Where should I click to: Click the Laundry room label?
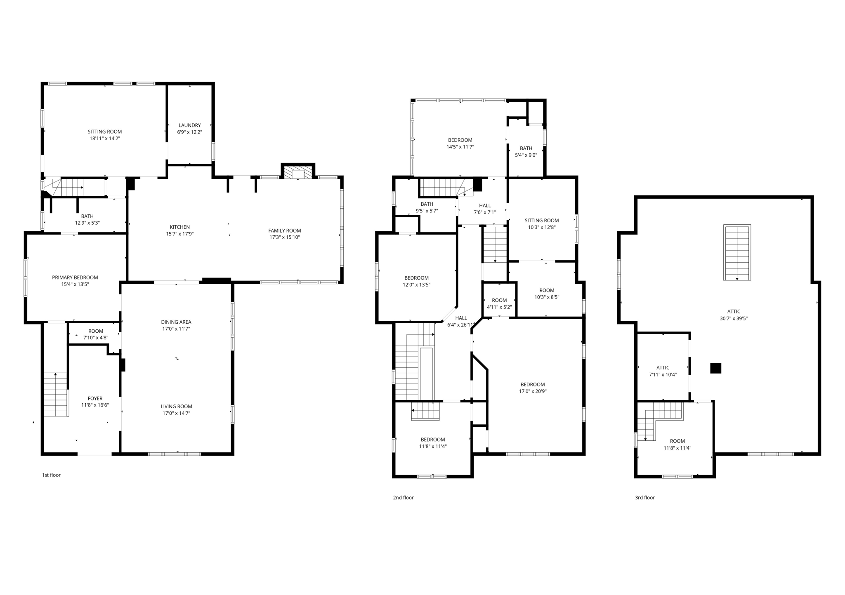pos(189,125)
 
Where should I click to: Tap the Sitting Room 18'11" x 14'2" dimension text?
pos(105,139)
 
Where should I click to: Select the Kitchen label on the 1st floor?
pos(179,227)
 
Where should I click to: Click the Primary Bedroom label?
pos(75,278)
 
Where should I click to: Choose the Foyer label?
pos(95,398)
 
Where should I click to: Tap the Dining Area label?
pos(176,322)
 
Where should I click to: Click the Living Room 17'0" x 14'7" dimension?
pos(176,413)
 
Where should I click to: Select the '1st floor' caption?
pos(51,475)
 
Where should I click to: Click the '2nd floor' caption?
pos(403,498)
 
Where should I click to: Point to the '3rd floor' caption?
pos(644,498)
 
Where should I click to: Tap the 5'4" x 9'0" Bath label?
pos(526,152)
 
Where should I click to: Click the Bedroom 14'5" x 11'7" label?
pos(460,143)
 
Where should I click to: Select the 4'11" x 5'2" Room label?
pos(499,303)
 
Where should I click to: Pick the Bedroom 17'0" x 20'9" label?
pos(533,388)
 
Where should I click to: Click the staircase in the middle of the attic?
pos(737,252)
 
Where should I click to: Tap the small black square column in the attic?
pos(715,368)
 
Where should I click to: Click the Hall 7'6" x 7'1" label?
pos(485,209)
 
